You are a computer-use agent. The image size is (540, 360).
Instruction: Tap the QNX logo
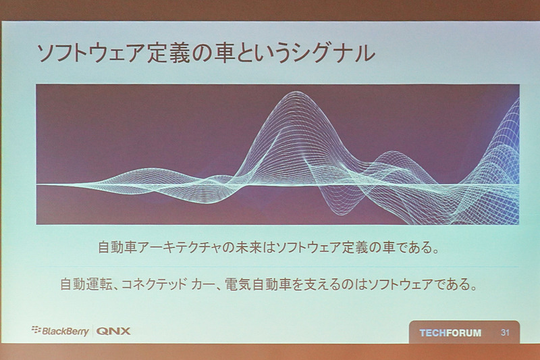(113, 331)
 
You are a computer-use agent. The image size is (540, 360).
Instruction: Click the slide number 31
(505, 333)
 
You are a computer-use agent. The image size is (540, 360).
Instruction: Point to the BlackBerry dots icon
(36, 330)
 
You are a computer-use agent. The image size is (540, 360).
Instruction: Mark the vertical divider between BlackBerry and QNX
(92, 331)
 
